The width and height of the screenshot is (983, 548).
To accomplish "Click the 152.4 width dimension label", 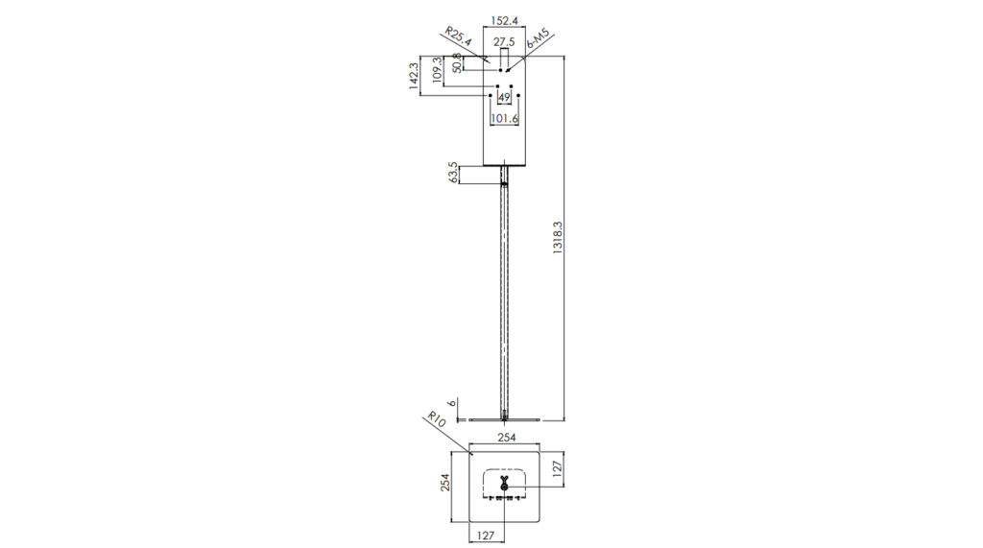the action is (504, 21).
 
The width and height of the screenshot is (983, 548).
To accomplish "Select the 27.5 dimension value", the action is (504, 42).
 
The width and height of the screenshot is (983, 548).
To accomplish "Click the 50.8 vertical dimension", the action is (457, 63).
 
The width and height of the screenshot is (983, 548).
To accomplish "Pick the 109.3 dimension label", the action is (437, 71).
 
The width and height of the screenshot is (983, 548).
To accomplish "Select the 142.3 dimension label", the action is (414, 76).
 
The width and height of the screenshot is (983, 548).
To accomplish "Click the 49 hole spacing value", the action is (504, 98).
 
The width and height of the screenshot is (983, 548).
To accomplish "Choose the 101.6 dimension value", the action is (504, 118).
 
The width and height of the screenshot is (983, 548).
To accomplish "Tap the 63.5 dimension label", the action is (453, 173).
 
